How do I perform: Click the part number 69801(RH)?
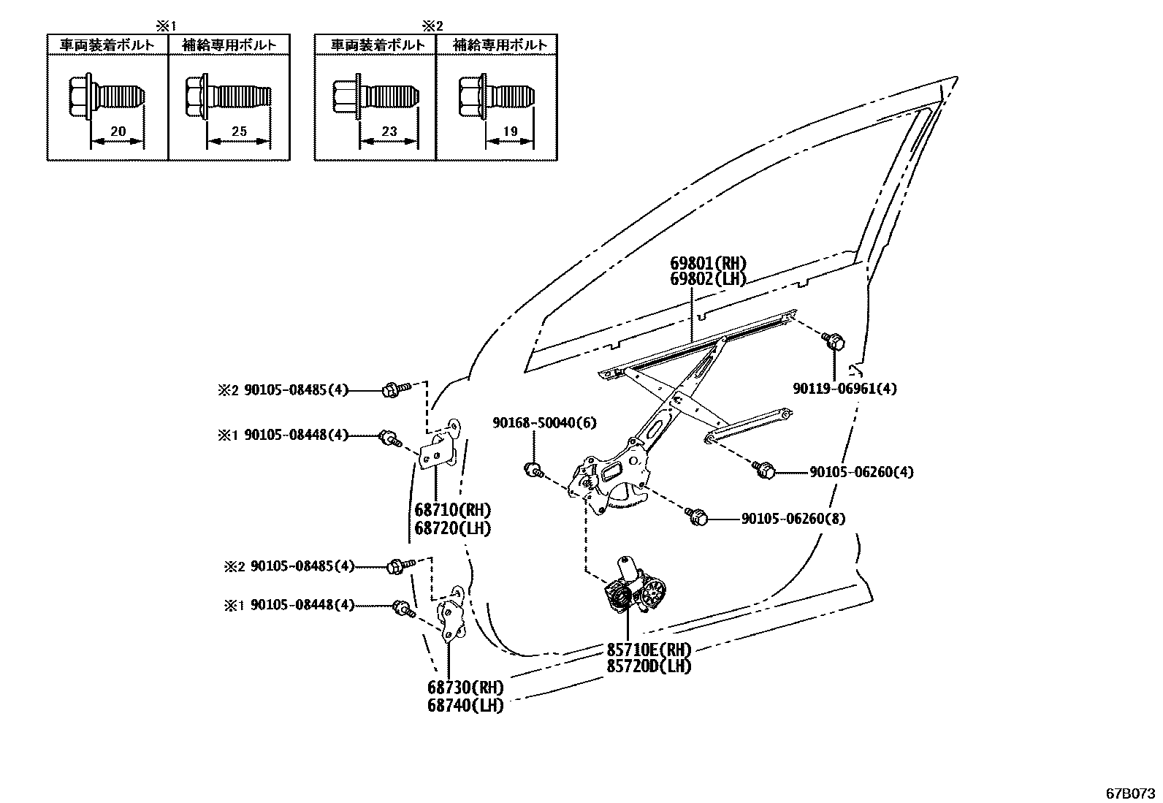[x=709, y=264]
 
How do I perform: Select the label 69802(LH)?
[x=709, y=278]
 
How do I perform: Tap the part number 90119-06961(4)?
[x=845, y=389]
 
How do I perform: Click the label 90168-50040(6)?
[x=534, y=422]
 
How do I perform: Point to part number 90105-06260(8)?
[x=793, y=518]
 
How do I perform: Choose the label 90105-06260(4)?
[x=861, y=472]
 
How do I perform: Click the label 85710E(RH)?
[x=648, y=650]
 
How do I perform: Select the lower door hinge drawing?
[x=453, y=614]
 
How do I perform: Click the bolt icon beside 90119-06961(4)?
[x=833, y=339]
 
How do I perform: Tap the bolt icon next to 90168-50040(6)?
[x=534, y=469]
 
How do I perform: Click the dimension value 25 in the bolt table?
[x=239, y=132]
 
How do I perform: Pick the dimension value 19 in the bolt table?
[x=510, y=132]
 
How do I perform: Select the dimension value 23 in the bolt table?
[x=389, y=132]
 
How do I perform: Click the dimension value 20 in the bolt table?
[x=118, y=132]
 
